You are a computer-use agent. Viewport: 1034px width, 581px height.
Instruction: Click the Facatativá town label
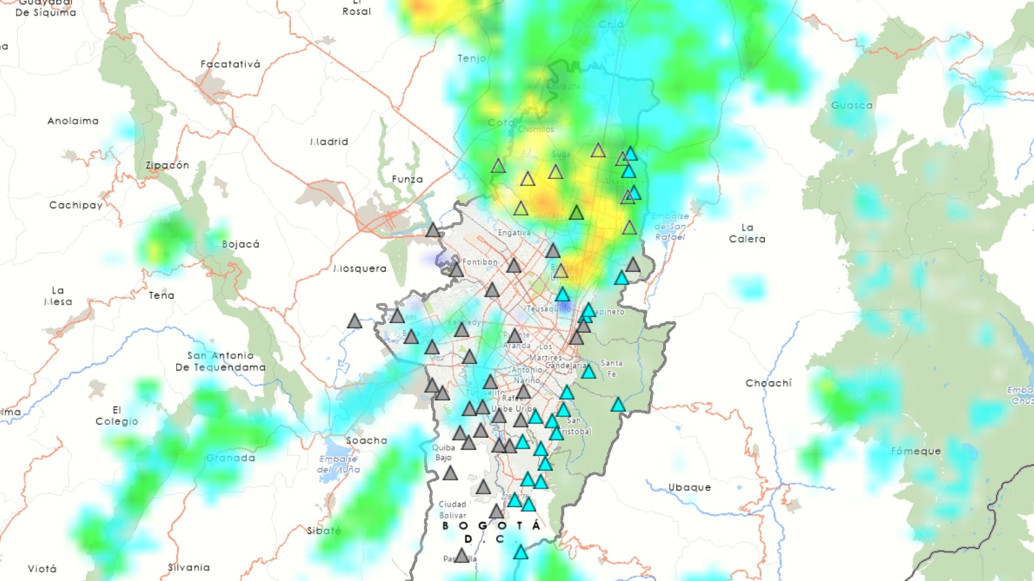click(230, 64)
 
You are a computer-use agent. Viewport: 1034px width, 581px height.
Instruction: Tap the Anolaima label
click(73, 121)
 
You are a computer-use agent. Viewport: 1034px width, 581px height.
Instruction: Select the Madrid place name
click(329, 141)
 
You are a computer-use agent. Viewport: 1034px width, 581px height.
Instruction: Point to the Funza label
click(407, 179)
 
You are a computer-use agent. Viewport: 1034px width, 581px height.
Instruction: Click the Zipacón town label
click(167, 165)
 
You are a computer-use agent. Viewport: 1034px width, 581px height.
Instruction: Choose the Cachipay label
click(75, 205)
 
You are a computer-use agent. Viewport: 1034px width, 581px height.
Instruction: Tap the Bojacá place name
click(241, 244)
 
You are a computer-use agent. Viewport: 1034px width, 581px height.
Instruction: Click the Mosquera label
click(360, 268)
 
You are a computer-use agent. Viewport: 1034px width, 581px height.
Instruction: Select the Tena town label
click(161, 295)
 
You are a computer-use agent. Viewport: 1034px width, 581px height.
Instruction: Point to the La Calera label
click(747, 233)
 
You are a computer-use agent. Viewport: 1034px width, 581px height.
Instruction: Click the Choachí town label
click(768, 383)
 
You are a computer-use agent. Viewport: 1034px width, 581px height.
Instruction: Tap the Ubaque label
click(689, 487)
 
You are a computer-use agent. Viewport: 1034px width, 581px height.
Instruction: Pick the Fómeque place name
click(916, 451)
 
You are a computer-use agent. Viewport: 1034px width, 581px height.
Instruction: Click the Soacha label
click(366, 441)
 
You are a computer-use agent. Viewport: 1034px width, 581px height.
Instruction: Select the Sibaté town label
click(324, 530)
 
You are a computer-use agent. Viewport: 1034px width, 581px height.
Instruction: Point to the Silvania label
click(188, 568)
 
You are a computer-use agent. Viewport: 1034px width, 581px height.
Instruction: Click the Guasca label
click(851, 105)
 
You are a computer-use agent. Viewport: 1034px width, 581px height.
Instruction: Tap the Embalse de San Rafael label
click(670, 226)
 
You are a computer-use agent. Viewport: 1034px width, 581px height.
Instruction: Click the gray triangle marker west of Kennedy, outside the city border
click(354, 322)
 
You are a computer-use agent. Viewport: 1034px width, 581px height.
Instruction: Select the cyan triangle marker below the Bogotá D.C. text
click(520, 552)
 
